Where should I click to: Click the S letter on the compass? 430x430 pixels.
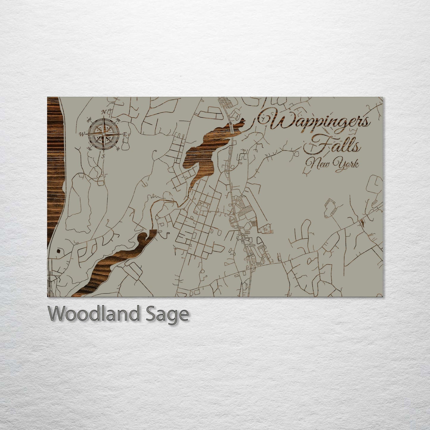point(103,156)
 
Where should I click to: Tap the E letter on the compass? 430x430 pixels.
point(125,134)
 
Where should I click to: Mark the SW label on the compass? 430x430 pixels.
point(89,149)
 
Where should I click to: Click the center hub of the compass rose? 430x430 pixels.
point(103,134)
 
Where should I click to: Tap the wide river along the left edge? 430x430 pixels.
point(55,179)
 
